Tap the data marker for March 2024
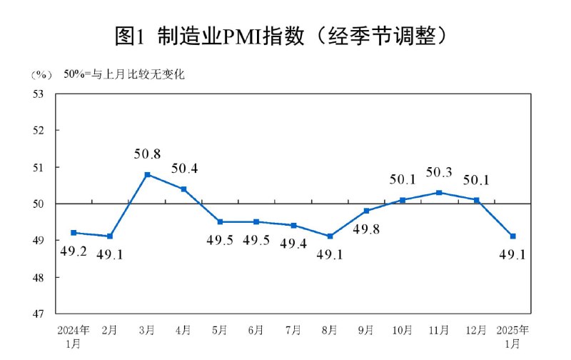147,174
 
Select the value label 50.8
147,153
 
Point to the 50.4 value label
184,169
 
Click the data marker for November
439,192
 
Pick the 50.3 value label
439,171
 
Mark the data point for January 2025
512,236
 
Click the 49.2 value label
74,251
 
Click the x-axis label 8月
329,330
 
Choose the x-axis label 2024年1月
74,336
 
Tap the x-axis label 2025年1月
512,336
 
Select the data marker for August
329,236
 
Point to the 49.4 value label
293,243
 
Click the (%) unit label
42,74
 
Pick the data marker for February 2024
111,236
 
